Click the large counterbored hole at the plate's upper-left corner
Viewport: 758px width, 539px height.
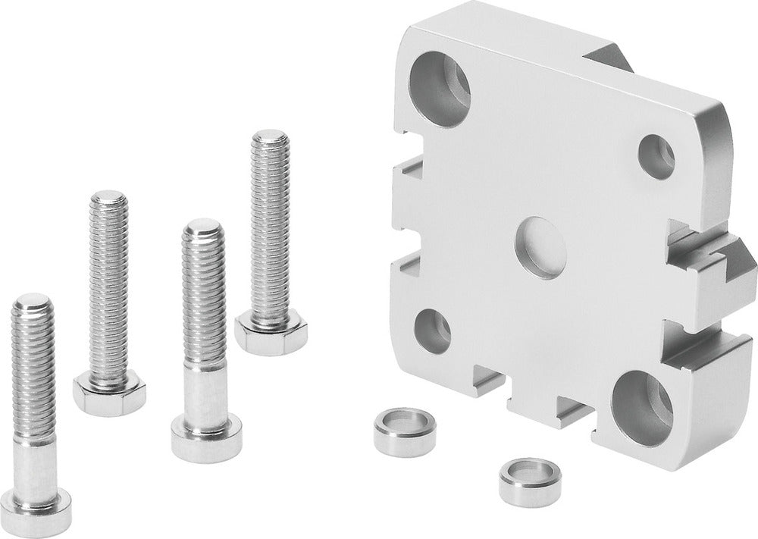coord(440,89)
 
